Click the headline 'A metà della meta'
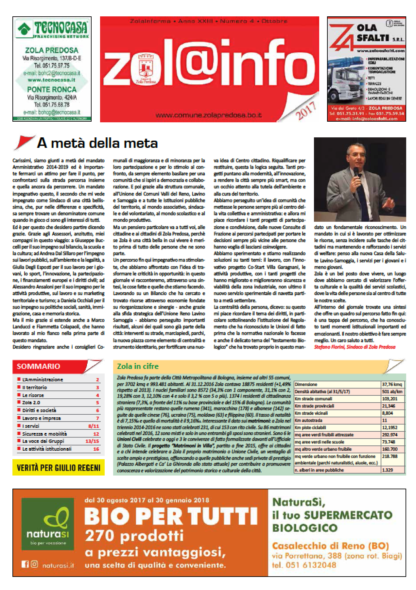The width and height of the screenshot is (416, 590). tap(97, 143)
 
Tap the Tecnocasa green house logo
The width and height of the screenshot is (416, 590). tap(23, 28)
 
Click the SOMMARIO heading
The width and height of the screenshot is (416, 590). tap(38, 366)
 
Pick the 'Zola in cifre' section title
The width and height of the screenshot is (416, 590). tap(138, 366)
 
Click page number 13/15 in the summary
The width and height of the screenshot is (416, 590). tap(93, 441)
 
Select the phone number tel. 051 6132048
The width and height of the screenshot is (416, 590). tap(304, 565)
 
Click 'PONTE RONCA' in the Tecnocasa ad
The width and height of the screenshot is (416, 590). tap(52, 90)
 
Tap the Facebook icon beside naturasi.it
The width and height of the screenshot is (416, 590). tap(24, 564)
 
